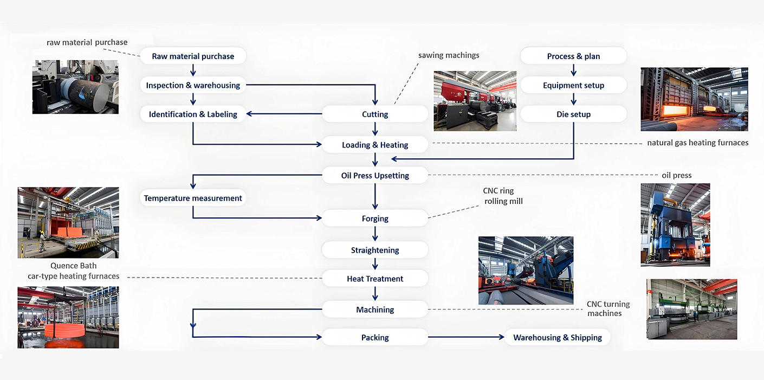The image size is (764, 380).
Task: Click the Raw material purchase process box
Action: point(193,56)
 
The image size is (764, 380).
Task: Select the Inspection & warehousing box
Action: point(193,85)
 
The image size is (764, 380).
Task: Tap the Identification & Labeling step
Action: point(193,114)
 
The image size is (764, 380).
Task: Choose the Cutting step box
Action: point(375,114)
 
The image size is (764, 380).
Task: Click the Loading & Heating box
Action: point(375,145)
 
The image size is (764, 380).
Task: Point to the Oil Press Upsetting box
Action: point(375,176)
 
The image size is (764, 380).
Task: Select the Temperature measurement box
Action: point(193,198)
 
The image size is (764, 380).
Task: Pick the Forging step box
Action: point(375,218)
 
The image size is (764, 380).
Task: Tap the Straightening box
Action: point(375,250)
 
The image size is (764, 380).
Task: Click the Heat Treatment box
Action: point(375,279)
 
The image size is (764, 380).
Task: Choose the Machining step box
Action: point(375,310)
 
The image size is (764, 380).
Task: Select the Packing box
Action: point(375,338)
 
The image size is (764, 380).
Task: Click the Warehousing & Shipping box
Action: point(558,338)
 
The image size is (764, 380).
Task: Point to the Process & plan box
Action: point(573,56)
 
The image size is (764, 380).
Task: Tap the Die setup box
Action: point(573,114)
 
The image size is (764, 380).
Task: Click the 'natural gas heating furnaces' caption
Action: point(697,143)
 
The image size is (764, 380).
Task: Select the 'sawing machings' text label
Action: point(449,55)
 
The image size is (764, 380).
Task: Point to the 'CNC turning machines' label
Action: point(608,309)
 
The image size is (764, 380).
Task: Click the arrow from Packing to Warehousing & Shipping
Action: point(466,338)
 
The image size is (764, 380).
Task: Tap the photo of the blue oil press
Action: point(675,224)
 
